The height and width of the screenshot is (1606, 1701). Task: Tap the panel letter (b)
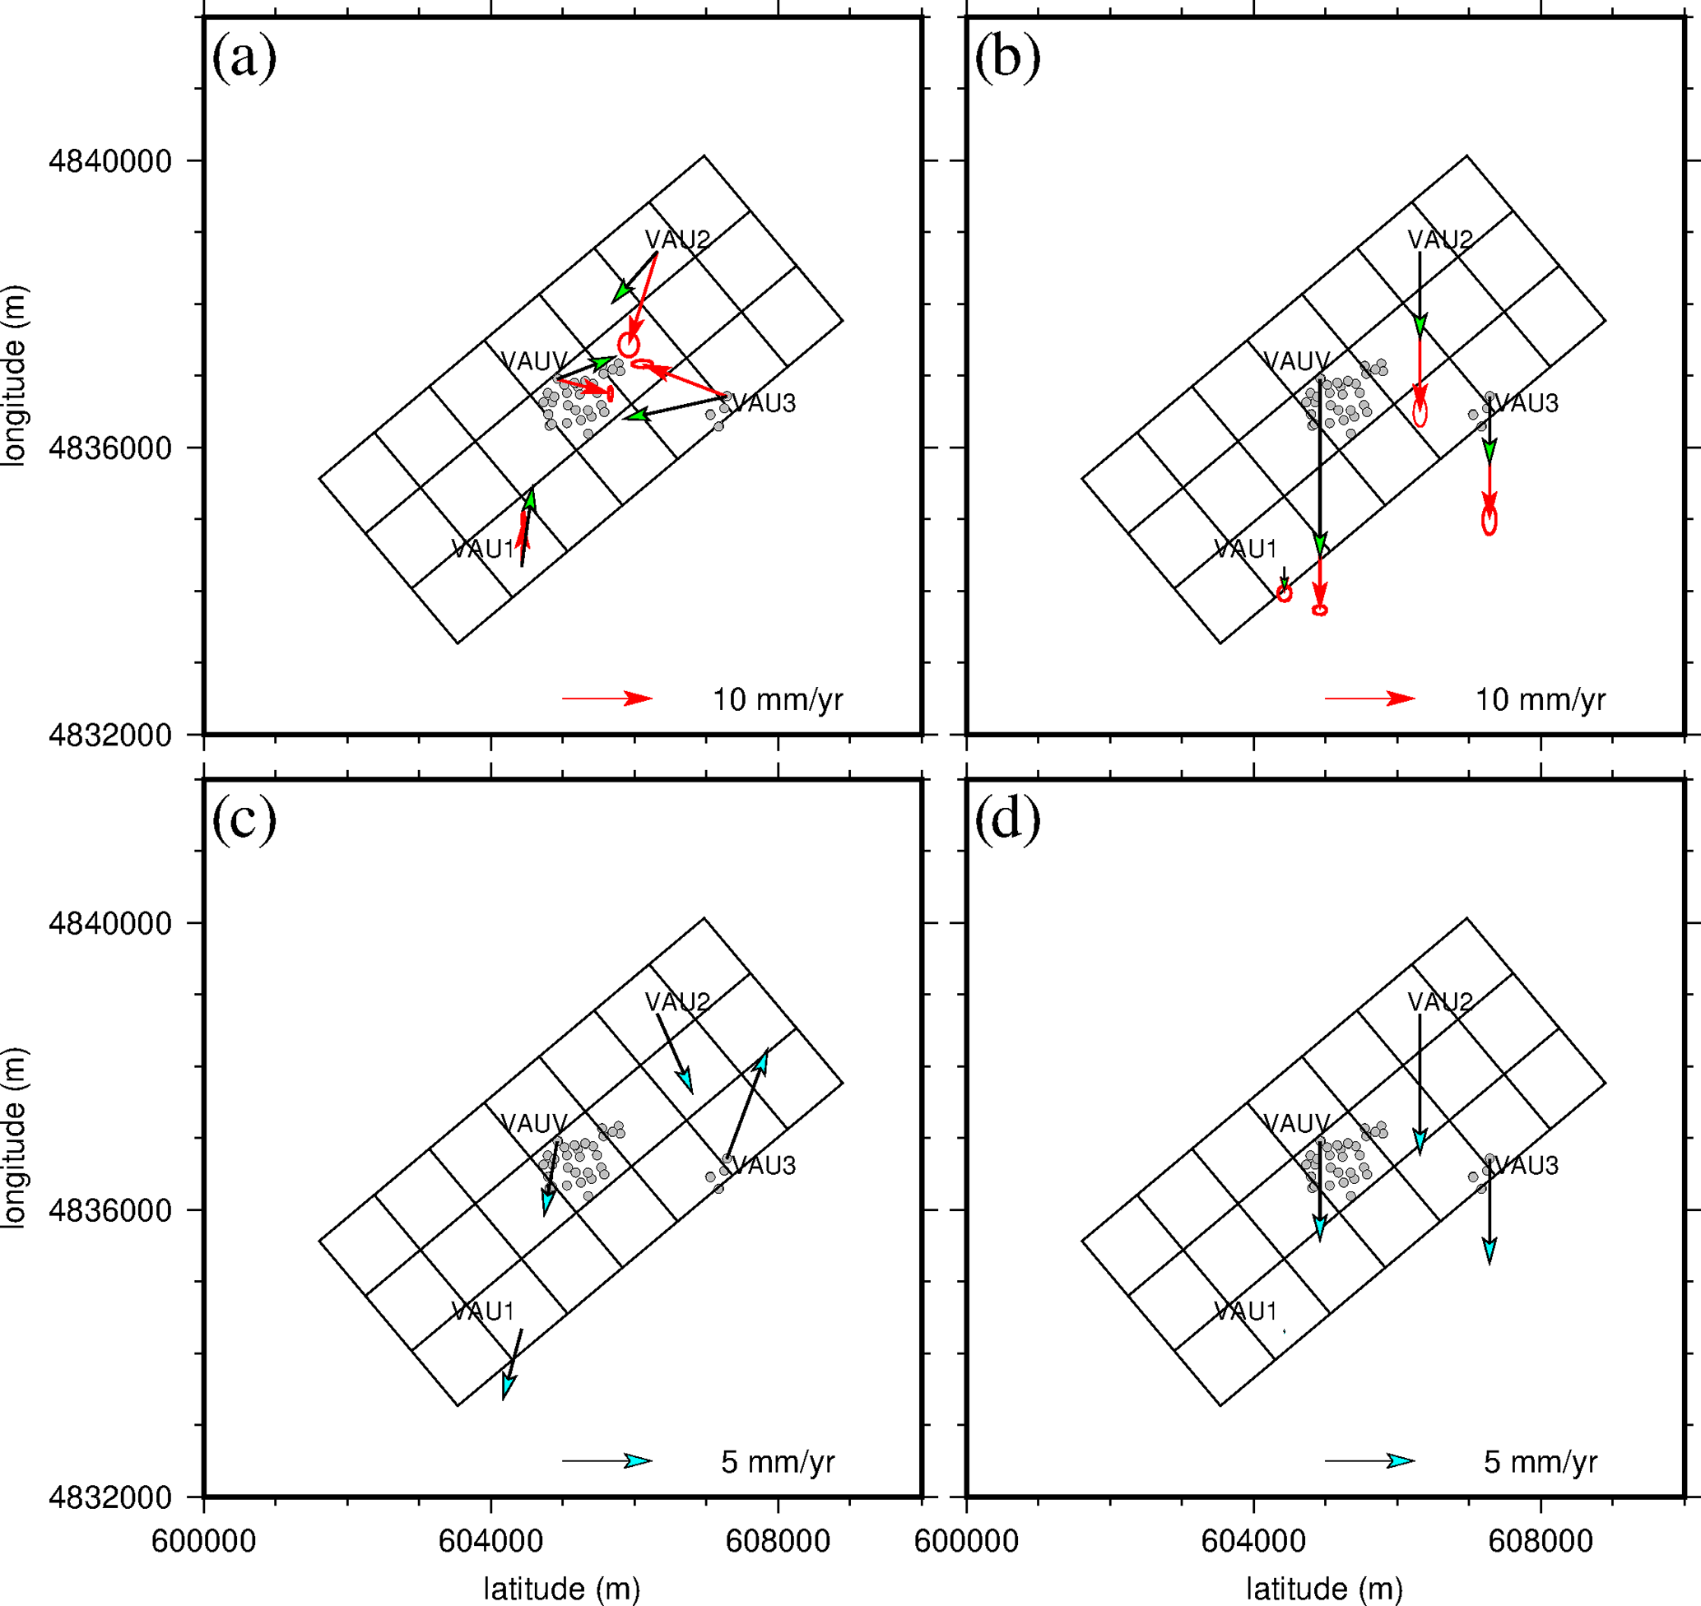click(x=1006, y=58)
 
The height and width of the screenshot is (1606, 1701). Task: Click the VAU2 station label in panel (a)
click(x=677, y=239)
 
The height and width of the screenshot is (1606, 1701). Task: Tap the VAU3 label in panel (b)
click(x=1527, y=402)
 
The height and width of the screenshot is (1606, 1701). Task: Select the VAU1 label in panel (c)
click(x=483, y=1311)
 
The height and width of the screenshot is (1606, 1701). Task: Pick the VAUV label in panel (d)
click(x=1296, y=1123)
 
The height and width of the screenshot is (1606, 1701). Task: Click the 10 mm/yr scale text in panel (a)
click(x=778, y=699)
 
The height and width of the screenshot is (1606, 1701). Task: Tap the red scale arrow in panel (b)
click(x=1369, y=699)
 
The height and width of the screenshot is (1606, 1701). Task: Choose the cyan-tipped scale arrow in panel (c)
click(x=607, y=1460)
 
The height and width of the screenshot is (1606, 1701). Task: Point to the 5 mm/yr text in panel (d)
click(x=1540, y=1461)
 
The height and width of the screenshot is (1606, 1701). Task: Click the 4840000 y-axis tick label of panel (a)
click(x=110, y=161)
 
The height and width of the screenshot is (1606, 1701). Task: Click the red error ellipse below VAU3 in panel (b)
click(x=1490, y=520)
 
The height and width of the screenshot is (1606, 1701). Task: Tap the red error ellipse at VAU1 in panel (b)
click(x=1284, y=593)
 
